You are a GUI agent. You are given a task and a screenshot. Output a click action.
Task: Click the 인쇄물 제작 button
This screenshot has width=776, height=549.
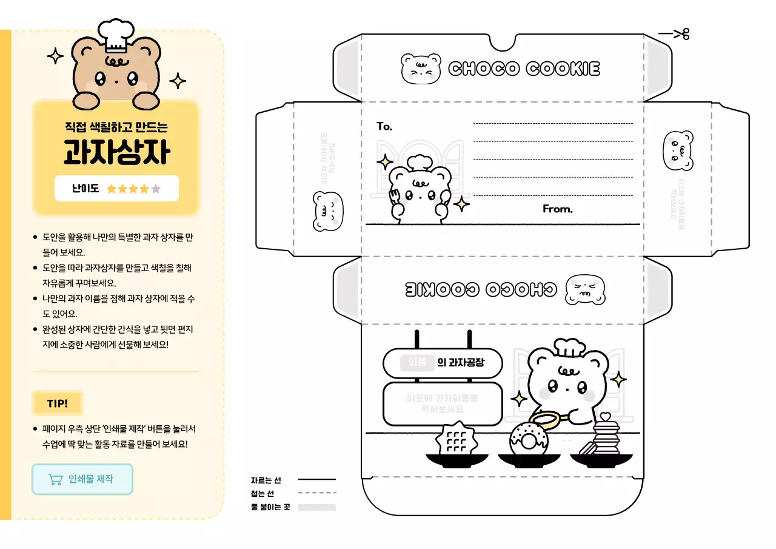tap(82, 479)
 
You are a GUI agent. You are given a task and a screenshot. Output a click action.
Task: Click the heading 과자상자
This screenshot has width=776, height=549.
tap(116, 152)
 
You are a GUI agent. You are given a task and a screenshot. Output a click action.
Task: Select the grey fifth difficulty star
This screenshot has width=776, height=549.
tap(156, 189)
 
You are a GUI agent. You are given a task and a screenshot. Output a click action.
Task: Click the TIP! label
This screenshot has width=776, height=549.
tap(57, 403)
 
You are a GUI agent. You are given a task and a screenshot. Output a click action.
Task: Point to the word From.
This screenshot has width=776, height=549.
tap(557, 209)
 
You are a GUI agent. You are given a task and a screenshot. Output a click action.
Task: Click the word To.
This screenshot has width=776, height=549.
tap(384, 127)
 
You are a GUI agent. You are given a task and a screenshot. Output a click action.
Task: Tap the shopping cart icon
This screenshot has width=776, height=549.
tap(55, 479)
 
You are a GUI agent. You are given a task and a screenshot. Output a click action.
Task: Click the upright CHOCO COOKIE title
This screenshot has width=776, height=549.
tap(524, 69)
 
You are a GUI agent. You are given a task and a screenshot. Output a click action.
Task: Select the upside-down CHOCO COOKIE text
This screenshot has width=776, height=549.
tap(480, 289)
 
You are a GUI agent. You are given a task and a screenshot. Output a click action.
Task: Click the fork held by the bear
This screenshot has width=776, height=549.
tap(394, 195)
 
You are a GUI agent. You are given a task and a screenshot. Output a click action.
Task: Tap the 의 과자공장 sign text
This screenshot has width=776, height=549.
tap(461, 363)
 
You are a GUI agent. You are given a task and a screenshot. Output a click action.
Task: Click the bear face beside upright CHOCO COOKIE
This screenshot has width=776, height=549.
tap(421, 69)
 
